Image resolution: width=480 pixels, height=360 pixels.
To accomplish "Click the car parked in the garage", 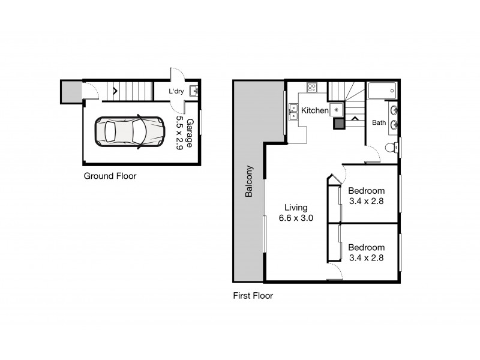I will [130, 132].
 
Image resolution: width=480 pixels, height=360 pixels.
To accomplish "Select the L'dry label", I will [176, 91].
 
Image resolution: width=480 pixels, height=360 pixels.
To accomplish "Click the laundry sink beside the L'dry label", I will [194, 91].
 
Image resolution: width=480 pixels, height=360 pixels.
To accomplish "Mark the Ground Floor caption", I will [110, 176].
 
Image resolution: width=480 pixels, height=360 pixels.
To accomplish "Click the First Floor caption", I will [253, 296].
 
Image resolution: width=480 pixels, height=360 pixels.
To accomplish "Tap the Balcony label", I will [248, 182].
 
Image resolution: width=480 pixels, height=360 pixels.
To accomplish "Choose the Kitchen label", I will [314, 110].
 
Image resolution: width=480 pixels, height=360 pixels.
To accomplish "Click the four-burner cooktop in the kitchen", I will [312, 88].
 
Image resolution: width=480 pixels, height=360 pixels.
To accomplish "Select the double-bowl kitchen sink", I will [294, 112].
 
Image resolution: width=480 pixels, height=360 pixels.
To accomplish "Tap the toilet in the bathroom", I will [390, 147].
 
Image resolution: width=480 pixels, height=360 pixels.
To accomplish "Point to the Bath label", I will [379, 123].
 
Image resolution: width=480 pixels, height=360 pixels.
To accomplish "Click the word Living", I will [296, 208].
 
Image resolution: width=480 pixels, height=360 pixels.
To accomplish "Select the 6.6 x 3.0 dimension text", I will [296, 218].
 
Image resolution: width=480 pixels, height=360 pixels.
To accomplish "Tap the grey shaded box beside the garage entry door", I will [70, 92].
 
